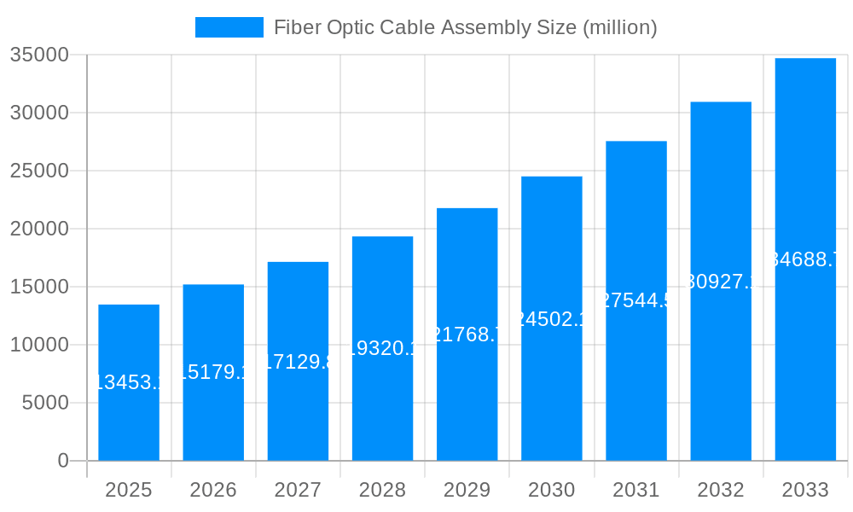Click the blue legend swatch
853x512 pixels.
229,27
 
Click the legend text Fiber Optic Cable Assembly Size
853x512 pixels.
465,27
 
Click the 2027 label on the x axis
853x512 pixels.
298,490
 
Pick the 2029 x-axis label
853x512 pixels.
467,490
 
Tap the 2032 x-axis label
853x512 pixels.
721,490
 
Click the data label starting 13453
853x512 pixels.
129,382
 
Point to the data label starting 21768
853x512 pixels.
467,335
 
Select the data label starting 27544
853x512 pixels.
636,300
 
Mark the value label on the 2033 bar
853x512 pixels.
805,259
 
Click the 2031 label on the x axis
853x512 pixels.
636,490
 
